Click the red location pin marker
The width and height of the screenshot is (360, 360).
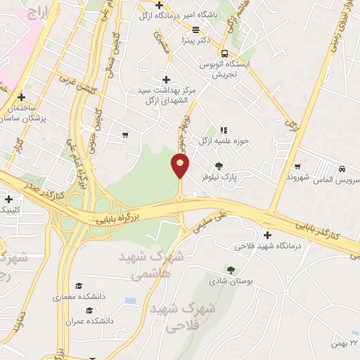click(181, 166)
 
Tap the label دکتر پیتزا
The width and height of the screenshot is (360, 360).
click(194, 41)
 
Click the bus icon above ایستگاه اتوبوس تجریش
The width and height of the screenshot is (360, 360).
click(224, 53)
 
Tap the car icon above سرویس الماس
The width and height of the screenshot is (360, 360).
click(341, 169)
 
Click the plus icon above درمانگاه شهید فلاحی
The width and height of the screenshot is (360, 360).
click(266, 235)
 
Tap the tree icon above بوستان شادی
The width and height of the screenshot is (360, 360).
click(231, 269)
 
